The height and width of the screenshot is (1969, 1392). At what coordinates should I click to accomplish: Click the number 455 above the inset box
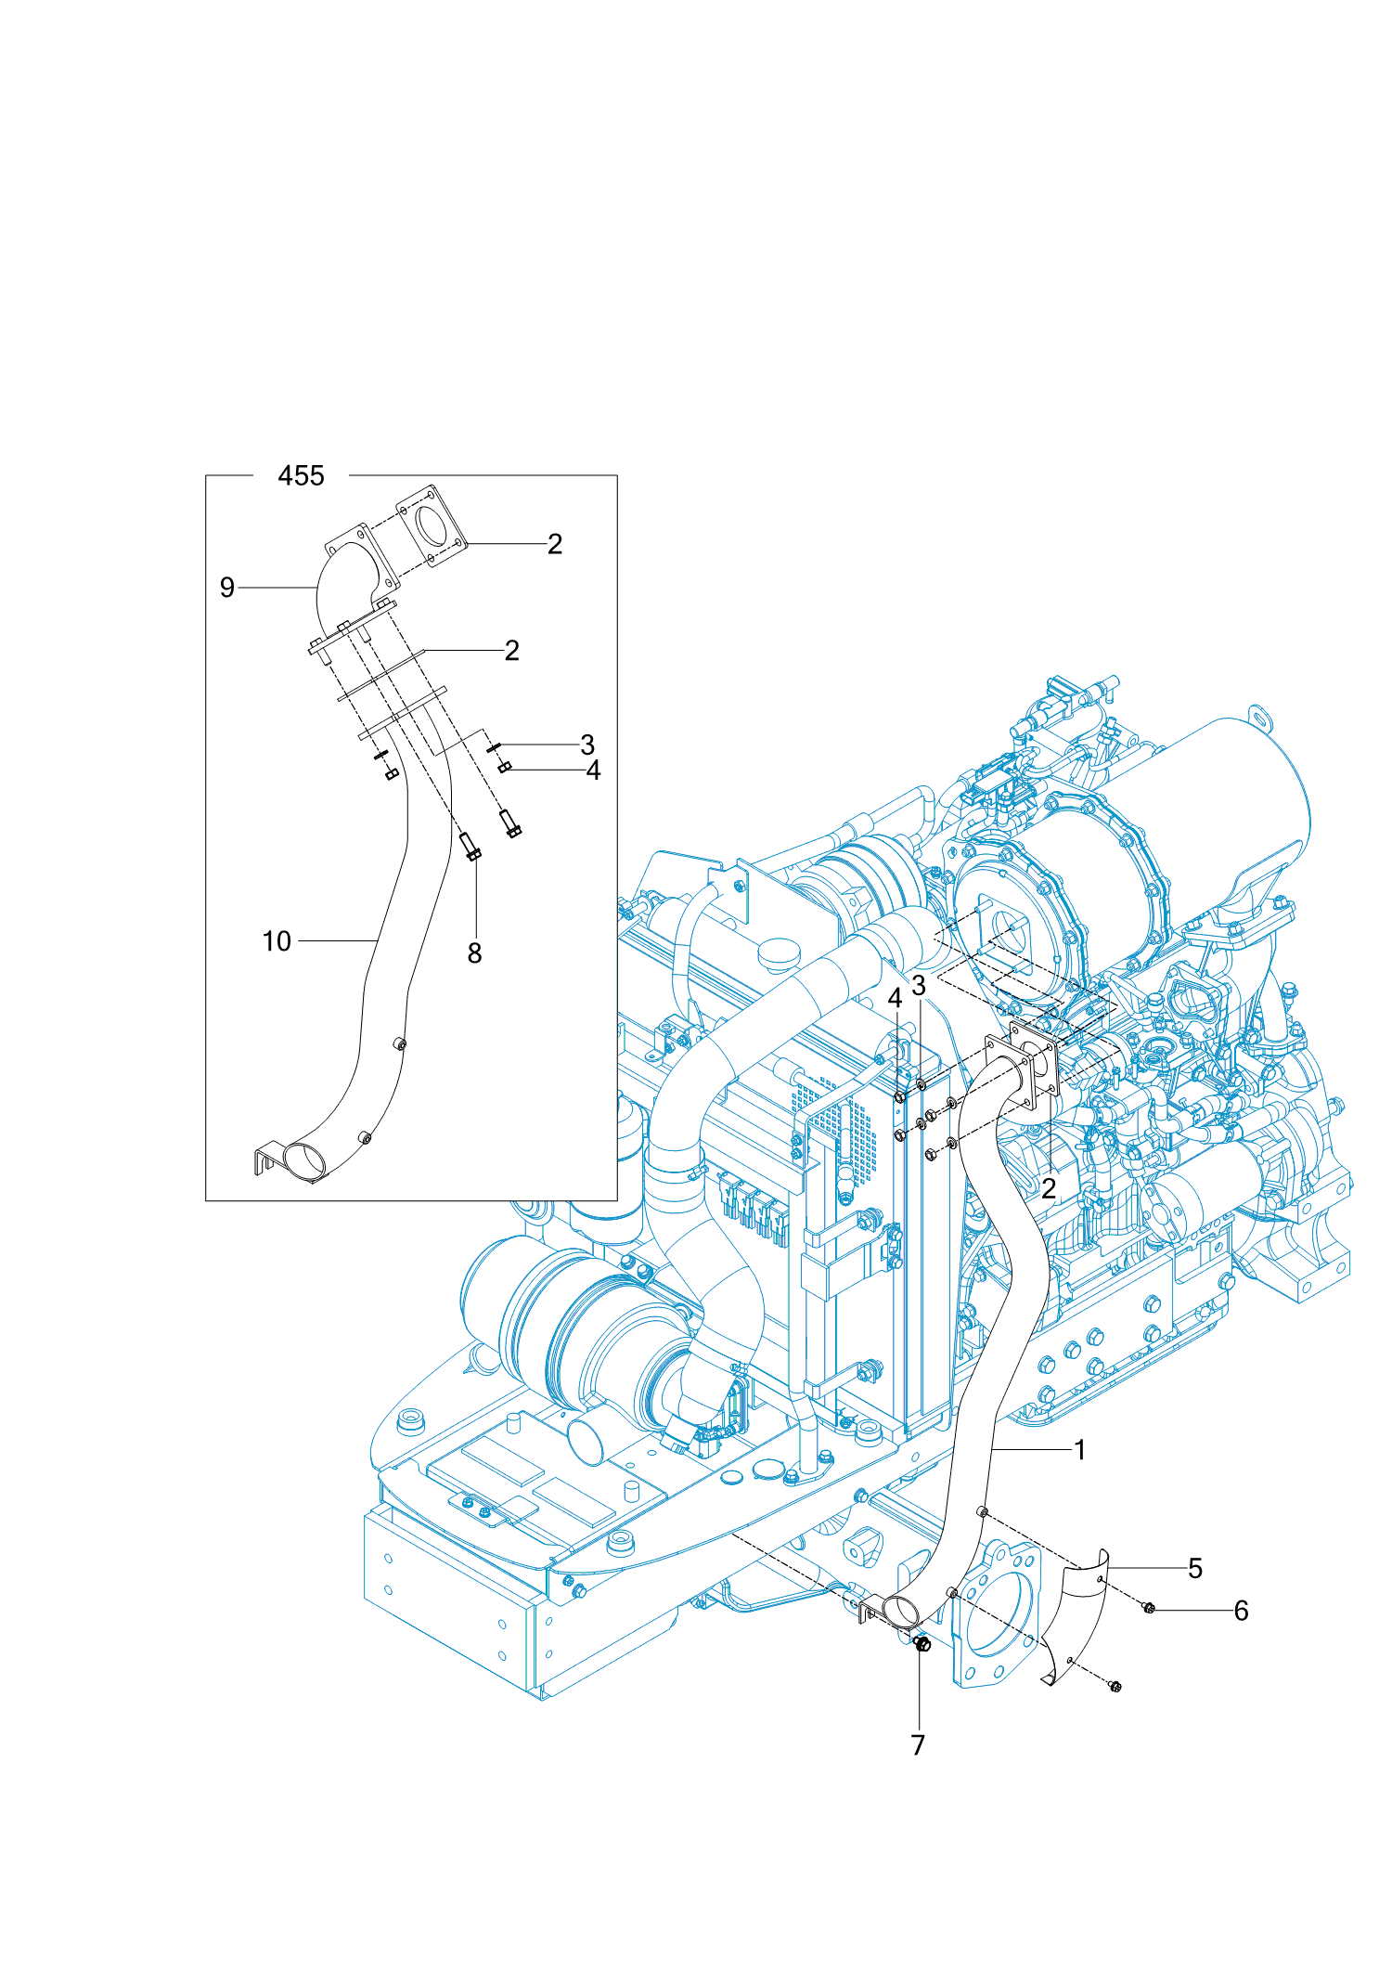301,476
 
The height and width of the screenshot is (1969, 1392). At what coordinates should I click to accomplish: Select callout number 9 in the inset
227,588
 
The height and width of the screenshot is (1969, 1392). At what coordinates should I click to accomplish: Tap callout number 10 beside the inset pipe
277,941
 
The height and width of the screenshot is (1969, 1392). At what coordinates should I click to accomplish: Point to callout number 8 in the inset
474,953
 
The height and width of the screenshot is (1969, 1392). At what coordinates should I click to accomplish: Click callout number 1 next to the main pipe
1079,1450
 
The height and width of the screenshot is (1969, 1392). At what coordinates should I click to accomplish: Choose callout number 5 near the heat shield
1195,1569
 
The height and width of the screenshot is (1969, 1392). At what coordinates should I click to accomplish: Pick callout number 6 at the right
1241,1611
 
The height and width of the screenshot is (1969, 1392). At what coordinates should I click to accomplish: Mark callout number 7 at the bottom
918,1745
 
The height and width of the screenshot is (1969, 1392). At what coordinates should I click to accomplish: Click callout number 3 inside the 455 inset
587,745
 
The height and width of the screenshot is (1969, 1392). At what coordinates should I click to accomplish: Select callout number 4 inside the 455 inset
593,771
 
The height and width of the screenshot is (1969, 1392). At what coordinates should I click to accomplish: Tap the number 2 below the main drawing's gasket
1049,1189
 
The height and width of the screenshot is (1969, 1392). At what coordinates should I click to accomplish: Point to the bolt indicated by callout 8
470,846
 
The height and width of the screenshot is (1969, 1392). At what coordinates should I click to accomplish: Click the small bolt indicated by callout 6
1149,1608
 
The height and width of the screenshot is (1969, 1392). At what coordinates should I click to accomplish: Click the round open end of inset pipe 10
304,1160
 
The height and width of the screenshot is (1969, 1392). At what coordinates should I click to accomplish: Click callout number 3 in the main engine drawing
919,985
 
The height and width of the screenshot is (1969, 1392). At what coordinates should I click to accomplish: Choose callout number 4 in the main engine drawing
895,999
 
